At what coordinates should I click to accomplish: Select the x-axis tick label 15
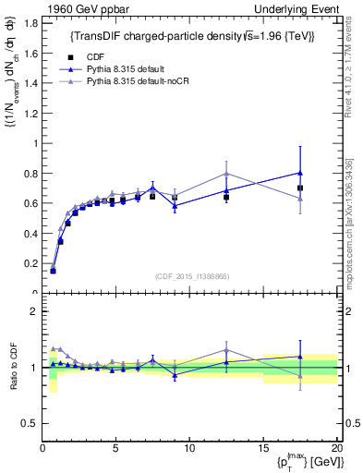click(x=263, y=448)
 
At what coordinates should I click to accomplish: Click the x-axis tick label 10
click(x=189, y=448)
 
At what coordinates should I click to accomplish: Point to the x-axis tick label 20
click(x=336, y=448)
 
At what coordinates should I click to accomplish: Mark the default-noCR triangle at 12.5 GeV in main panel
click(x=226, y=174)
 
